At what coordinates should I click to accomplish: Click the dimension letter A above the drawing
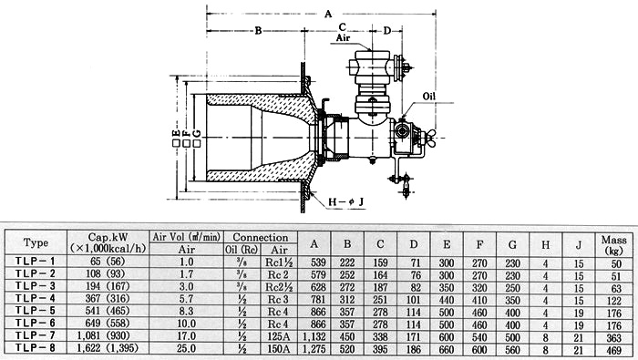coord(328,15)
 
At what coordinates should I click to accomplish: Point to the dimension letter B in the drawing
coord(258,30)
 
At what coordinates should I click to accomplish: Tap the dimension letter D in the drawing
coord(387,30)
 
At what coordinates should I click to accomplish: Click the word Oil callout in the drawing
coord(429,97)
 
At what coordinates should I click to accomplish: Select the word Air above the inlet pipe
coord(343,38)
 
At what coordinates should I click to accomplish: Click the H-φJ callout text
coord(346,201)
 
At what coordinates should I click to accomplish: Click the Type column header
coord(36,242)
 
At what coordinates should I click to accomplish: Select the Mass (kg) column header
coord(613,244)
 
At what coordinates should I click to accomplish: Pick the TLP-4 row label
coord(35,298)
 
